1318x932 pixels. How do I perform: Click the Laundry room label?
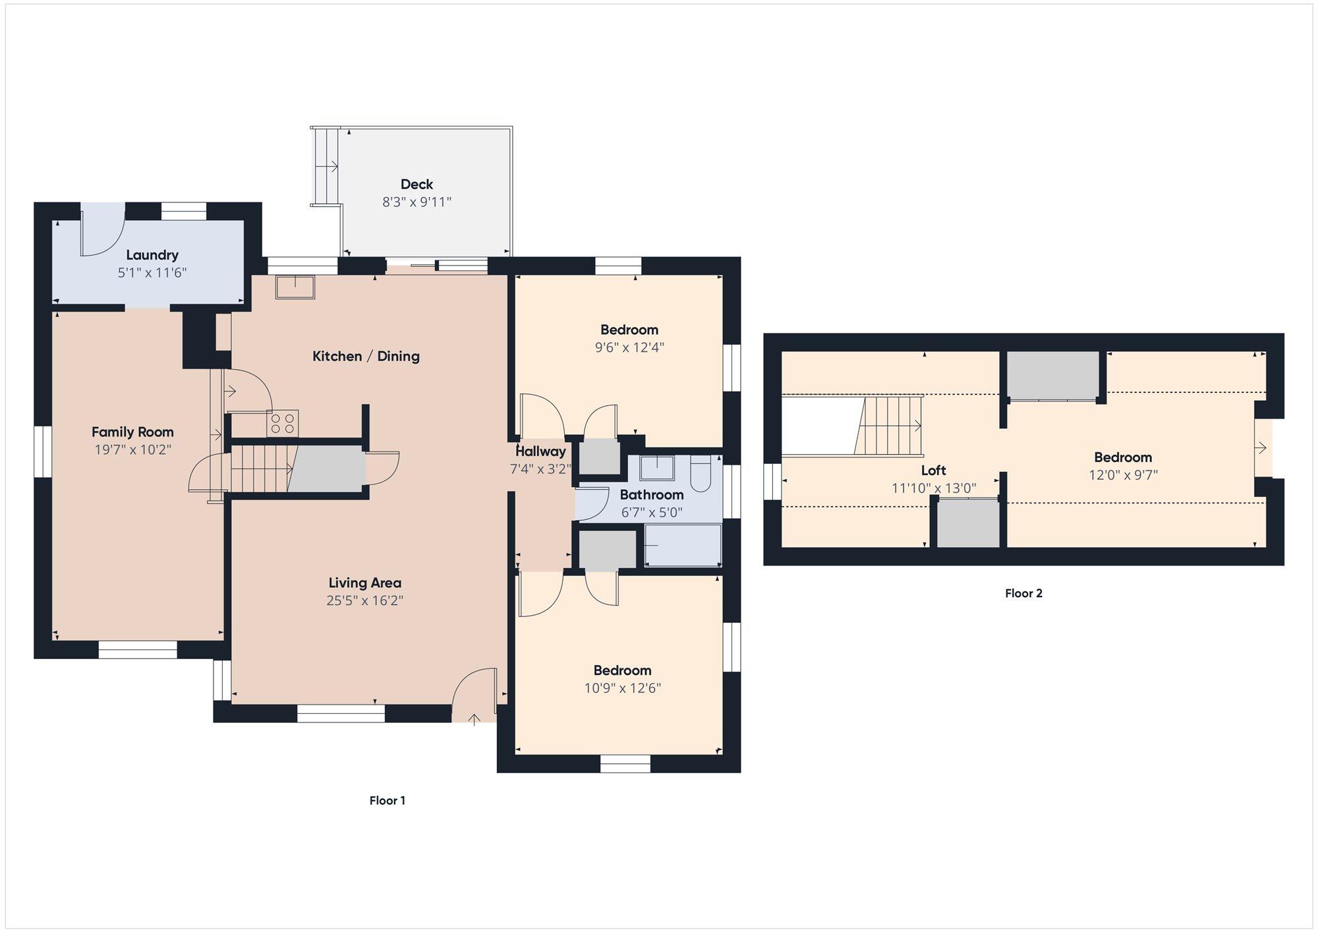[152, 255]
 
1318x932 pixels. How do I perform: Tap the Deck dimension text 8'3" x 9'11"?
[416, 202]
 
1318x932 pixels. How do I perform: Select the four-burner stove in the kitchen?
[283, 423]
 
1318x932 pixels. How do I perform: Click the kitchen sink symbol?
[295, 287]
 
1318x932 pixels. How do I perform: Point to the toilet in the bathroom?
[701, 473]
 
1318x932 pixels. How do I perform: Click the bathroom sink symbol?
[658, 467]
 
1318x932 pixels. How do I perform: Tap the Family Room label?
[132, 432]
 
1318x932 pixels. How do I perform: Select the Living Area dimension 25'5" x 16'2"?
[364, 600]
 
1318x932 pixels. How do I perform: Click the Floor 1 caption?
[387, 800]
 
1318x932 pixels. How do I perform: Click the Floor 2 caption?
[1023, 593]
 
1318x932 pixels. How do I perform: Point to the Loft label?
[934, 470]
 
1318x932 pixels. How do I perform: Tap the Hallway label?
[540, 451]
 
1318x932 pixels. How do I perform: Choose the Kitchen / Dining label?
[366, 356]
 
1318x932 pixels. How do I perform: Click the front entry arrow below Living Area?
[474, 719]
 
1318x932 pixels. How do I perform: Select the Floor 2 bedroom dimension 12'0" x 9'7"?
[1123, 475]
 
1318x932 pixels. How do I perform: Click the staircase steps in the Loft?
[890, 425]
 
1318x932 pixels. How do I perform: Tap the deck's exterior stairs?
[325, 166]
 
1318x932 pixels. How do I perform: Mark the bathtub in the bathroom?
[683, 544]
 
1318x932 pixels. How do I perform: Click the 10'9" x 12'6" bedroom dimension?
[623, 688]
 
